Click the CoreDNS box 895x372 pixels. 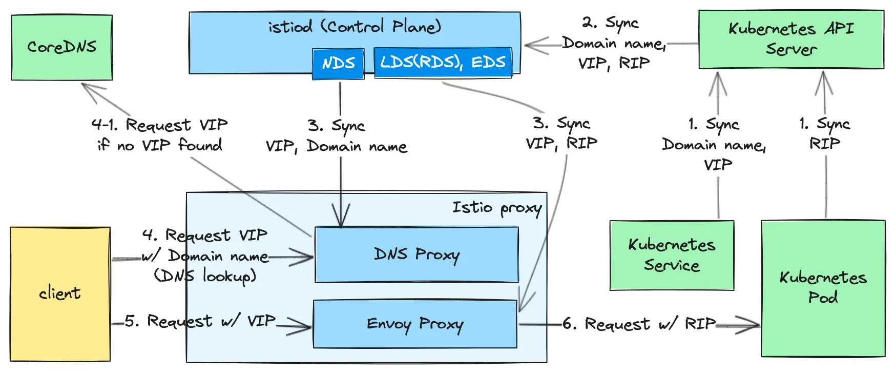61,47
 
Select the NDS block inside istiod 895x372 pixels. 338,63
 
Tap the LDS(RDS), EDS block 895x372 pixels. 443,63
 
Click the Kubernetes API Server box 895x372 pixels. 791,39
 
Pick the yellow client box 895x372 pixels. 60,293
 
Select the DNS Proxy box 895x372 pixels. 417,254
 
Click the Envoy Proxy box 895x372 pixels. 415,324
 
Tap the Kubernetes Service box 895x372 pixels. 672,255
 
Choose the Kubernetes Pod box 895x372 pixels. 823,287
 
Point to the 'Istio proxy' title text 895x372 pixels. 496,208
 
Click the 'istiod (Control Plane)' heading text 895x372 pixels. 355,27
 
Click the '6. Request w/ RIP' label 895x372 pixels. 639,324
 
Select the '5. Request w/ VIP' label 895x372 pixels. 200,321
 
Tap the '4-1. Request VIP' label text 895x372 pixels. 159,125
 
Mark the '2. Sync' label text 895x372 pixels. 610,23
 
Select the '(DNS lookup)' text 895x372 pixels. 205,277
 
